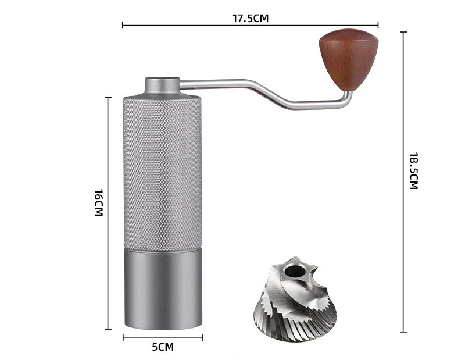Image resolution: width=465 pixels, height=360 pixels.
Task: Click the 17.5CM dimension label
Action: tap(250, 18)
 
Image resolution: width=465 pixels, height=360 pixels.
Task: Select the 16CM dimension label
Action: tap(99, 202)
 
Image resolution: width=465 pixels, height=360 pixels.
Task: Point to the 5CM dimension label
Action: tap(163, 347)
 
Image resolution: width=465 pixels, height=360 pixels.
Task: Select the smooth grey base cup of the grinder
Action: tap(163, 288)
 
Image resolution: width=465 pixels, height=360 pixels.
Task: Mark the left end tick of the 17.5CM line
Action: tap(123, 25)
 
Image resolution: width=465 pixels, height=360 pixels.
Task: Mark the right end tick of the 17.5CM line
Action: tap(378, 25)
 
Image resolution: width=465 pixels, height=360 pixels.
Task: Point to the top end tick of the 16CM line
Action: tap(108, 97)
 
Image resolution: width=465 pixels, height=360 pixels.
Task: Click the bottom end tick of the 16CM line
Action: tap(108, 329)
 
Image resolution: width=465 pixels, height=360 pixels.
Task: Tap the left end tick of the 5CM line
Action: tap(123, 337)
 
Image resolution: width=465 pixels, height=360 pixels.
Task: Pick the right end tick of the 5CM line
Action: tap(202, 337)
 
